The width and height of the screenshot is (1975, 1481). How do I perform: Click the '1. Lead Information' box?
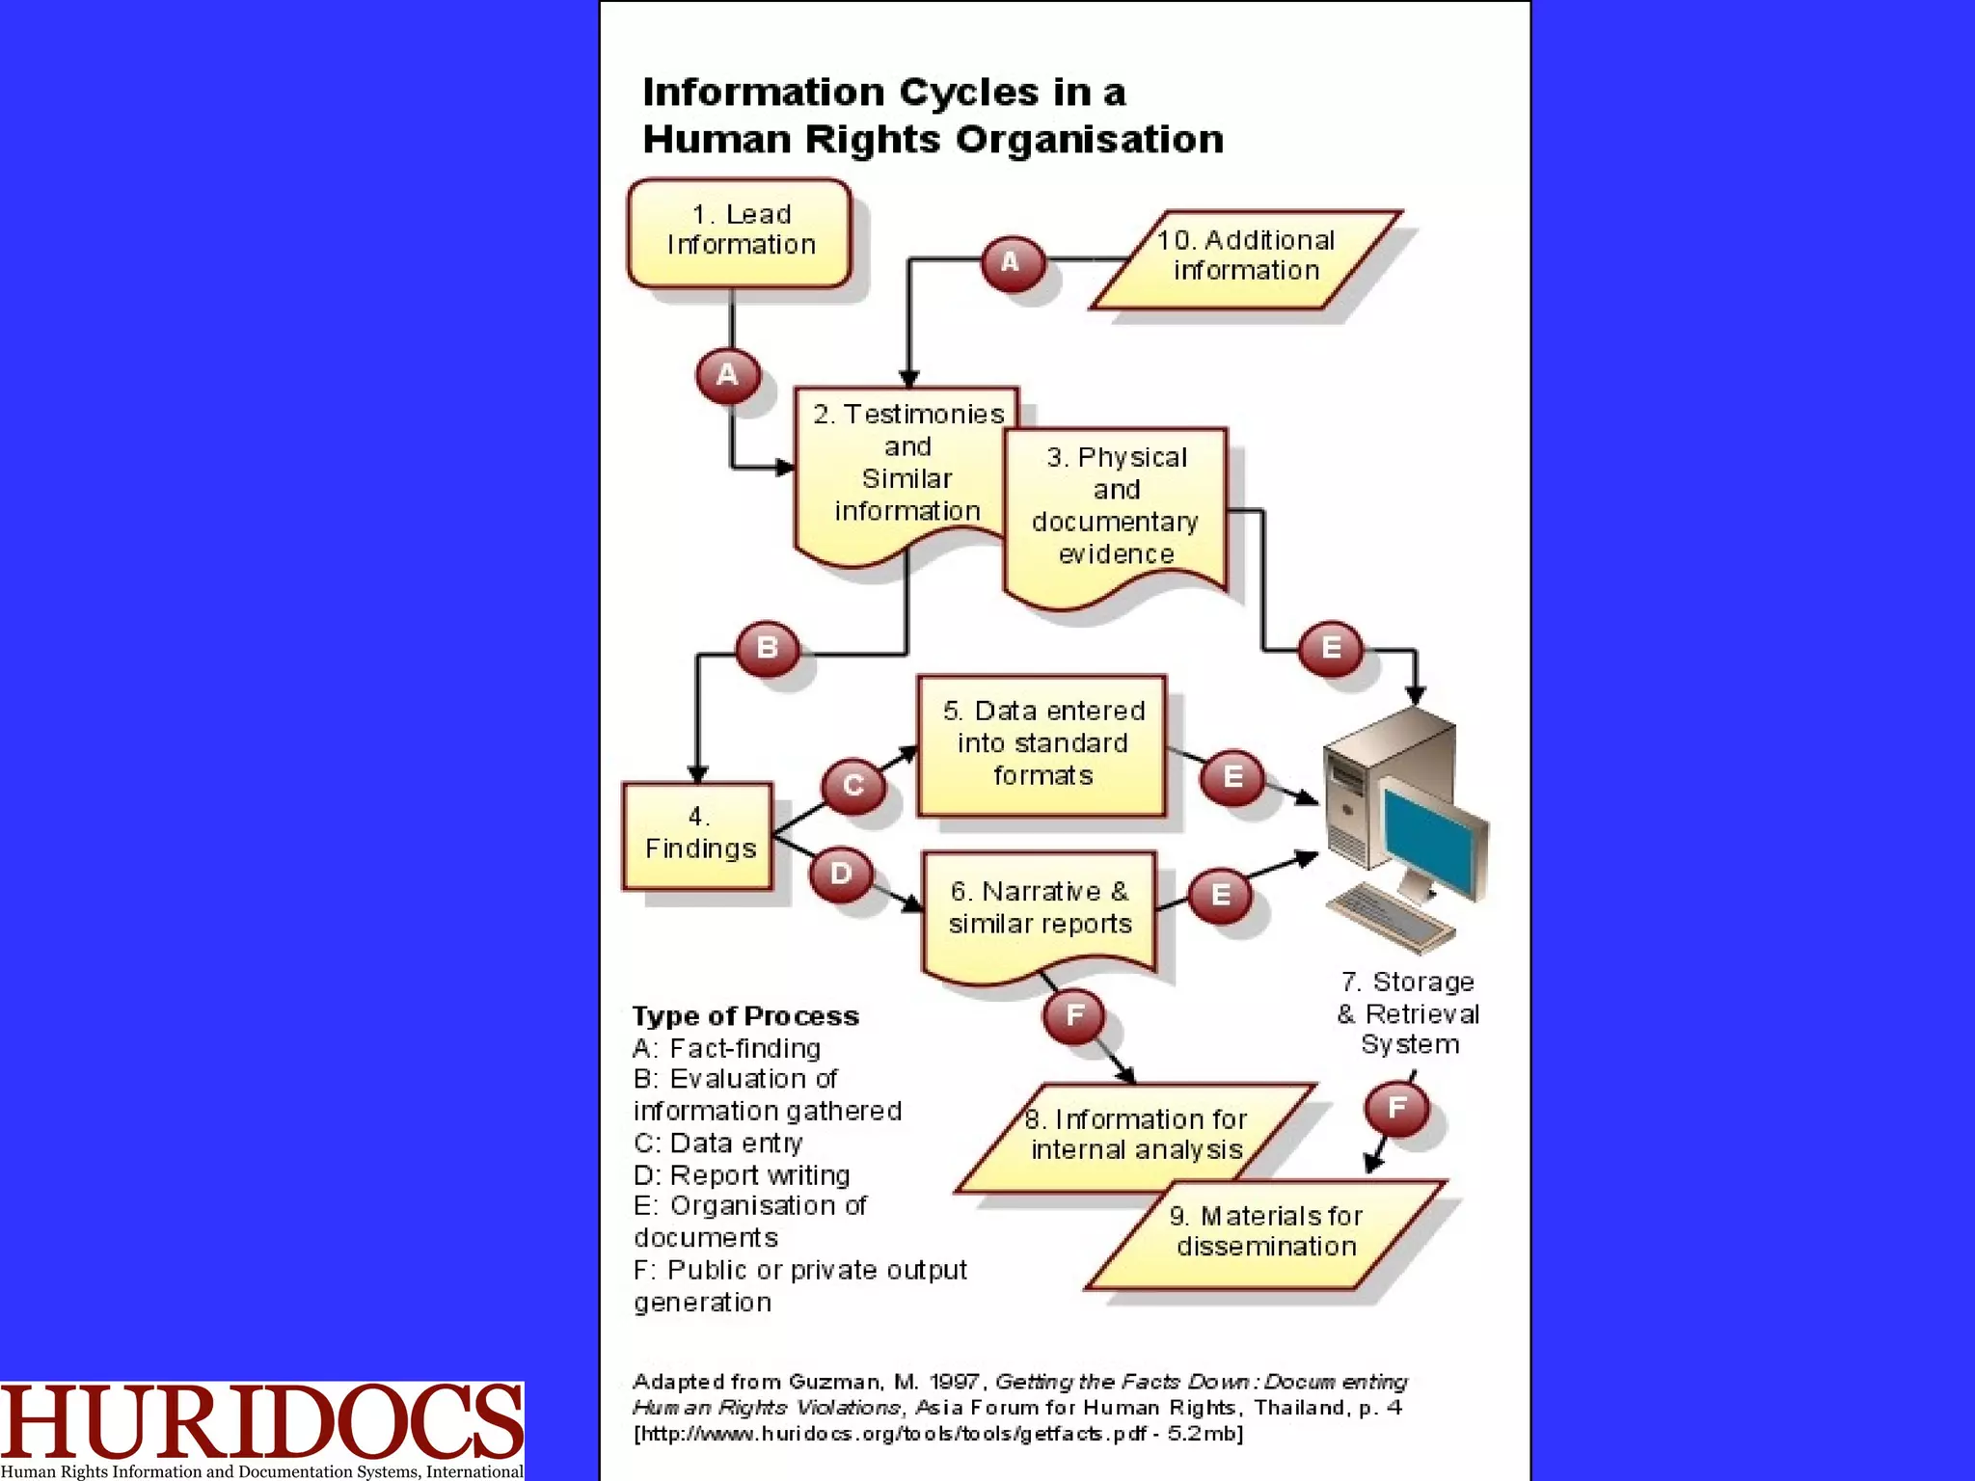pyautogui.click(x=740, y=231)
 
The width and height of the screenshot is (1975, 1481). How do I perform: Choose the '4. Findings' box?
pyautogui.click(x=698, y=835)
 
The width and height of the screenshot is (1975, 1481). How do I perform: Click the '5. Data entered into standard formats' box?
pyautogui.click(x=1042, y=744)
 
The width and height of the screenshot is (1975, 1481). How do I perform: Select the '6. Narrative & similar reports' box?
pyautogui.click(x=1040, y=908)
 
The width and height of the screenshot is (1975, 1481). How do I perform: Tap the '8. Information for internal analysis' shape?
pyautogui.click(x=1135, y=1137)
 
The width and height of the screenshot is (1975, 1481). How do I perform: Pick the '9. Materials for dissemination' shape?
pyautogui.click(x=1266, y=1233)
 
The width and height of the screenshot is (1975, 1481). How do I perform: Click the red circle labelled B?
pyautogui.click(x=768, y=648)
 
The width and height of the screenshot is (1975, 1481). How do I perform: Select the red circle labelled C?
pyautogui.click(x=853, y=786)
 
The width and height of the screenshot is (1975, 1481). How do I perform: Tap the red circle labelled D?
pyautogui.click(x=841, y=875)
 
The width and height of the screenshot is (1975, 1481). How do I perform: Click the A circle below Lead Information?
pyautogui.click(x=727, y=375)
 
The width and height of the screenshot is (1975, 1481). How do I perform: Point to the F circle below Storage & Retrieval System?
pyautogui.click(x=1396, y=1109)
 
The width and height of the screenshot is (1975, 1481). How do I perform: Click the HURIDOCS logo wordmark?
pyautogui.click(x=261, y=1421)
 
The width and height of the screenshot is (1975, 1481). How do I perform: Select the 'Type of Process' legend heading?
pyautogui.click(x=744, y=1016)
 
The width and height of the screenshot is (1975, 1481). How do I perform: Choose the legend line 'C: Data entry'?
pyautogui.click(x=718, y=1144)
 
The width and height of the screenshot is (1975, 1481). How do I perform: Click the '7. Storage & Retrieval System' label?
pyautogui.click(x=1409, y=1013)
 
